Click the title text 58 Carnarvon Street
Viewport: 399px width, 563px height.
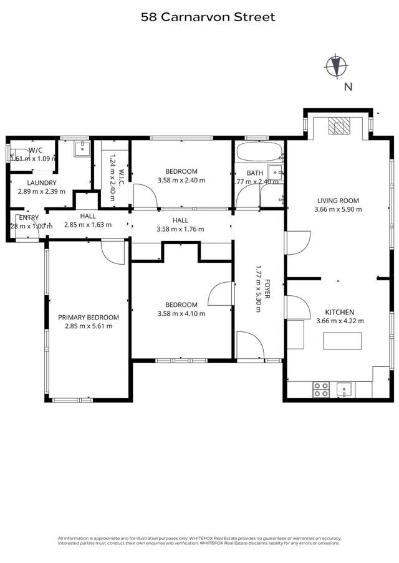coord(208,17)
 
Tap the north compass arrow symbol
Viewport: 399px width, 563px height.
coord(337,64)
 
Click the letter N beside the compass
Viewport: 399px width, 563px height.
coord(348,87)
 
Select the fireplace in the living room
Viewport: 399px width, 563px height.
coord(339,126)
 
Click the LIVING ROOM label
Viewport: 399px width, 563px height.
coord(339,201)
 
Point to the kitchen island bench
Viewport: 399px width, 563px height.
coord(342,341)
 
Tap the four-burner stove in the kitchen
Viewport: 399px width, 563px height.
coord(321,389)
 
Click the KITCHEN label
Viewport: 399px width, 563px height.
coord(340,312)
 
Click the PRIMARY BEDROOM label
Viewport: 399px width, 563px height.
coord(89,317)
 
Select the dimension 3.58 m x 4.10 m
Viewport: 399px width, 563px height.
coord(181,313)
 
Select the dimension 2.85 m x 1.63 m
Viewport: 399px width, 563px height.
coord(88,225)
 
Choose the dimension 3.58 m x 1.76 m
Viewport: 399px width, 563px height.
coord(181,229)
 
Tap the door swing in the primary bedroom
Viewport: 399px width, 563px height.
coord(111,250)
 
